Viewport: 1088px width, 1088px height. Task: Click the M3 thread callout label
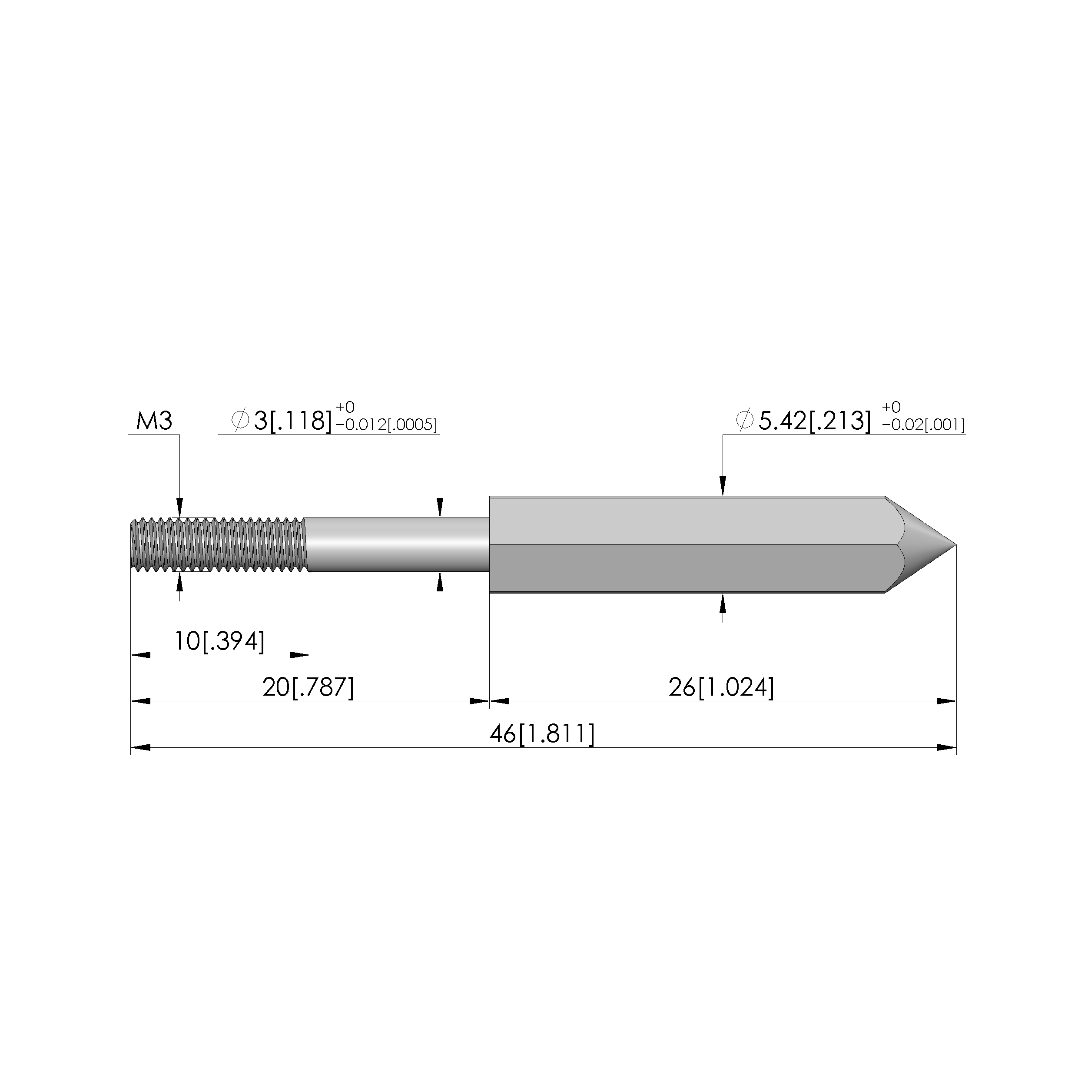[x=154, y=421]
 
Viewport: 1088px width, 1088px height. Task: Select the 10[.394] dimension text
[x=219, y=641]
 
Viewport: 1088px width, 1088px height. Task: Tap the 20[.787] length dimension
[x=308, y=687]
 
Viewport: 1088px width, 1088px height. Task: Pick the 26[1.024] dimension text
[x=721, y=687]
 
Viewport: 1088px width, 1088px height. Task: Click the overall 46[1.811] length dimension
[x=542, y=734]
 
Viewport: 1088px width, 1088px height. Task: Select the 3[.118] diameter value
[x=293, y=421]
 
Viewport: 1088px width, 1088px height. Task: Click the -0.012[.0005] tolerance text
[x=386, y=425]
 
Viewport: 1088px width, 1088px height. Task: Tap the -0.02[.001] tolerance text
[x=924, y=425]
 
